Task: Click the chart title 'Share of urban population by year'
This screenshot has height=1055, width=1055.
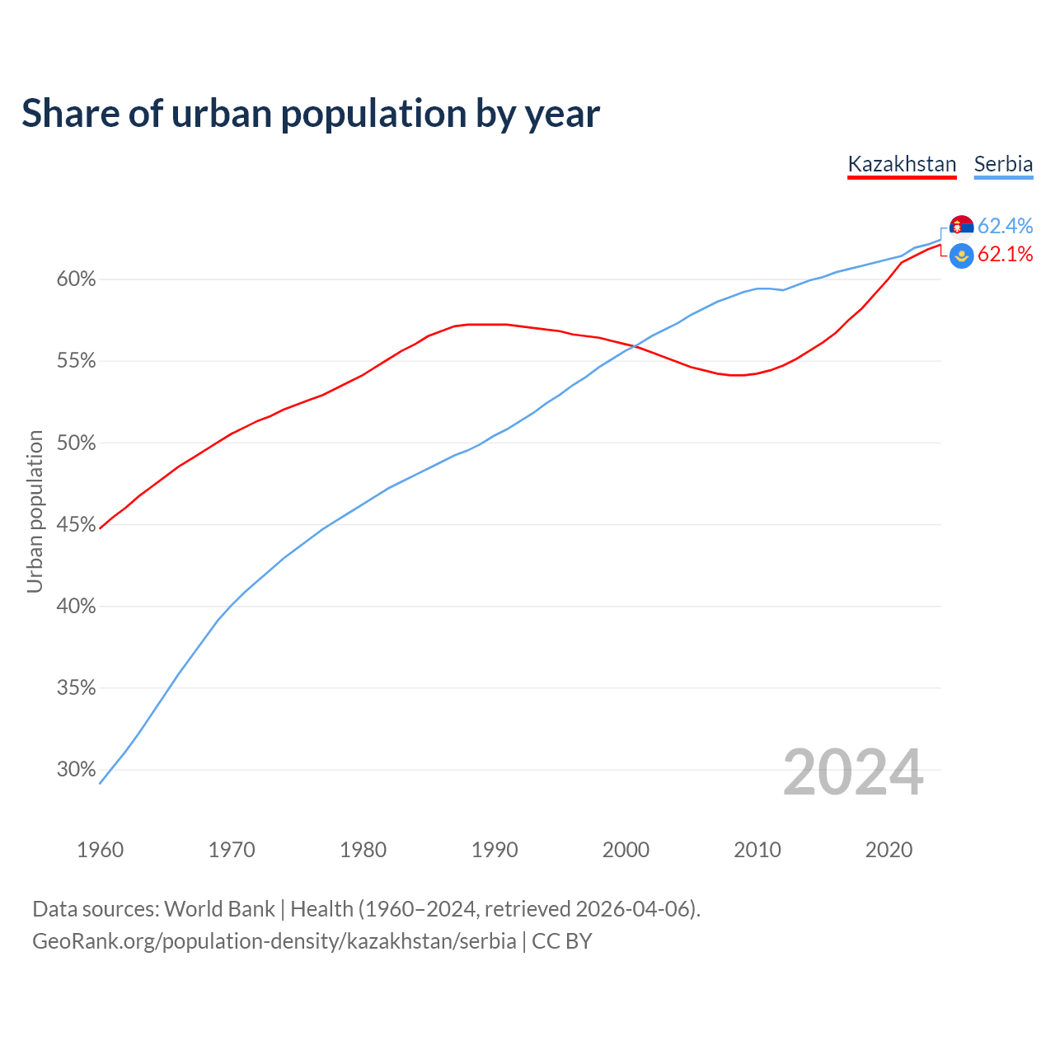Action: point(311,114)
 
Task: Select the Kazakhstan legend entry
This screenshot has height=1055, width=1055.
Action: point(902,164)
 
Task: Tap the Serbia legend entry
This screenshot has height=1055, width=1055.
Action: point(1003,164)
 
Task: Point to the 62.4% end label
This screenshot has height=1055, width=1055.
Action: point(1005,226)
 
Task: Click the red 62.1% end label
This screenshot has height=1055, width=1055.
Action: point(1005,255)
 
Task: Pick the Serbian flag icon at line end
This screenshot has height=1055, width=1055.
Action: point(962,227)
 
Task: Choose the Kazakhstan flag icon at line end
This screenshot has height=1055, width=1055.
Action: point(962,256)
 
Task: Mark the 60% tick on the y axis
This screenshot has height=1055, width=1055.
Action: point(76,279)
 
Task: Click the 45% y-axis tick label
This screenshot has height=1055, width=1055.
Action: point(76,525)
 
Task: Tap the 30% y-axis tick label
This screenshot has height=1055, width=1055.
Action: point(76,770)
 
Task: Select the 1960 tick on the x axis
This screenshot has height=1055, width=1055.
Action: point(100,850)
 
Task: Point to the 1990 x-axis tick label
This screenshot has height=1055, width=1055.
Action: point(495,850)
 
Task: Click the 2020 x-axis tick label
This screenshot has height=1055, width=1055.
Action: point(889,850)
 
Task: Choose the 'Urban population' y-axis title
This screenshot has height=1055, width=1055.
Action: point(35,511)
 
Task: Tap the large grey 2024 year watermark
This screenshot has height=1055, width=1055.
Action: point(852,772)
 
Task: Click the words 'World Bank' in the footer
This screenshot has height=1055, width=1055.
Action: point(219,909)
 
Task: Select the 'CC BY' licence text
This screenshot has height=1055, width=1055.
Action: point(562,941)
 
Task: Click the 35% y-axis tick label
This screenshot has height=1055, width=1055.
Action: point(76,688)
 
